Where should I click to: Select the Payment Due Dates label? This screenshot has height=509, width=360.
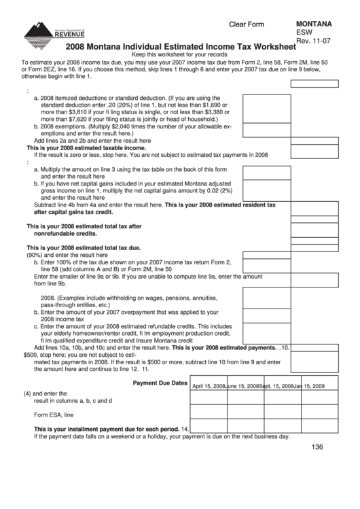point(160,383)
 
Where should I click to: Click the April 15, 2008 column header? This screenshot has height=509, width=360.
point(209,386)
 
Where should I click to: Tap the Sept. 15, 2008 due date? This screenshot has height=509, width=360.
point(276,386)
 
